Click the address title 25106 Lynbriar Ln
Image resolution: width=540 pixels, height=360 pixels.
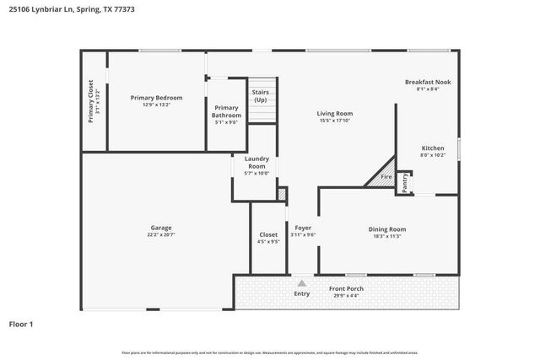coord(72,9)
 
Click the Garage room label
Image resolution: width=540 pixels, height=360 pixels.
coord(160,228)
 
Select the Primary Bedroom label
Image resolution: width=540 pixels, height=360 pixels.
coord(156,98)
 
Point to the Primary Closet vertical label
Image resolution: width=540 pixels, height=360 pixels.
coord(91,100)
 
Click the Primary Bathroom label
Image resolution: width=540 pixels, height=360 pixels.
coord(226,111)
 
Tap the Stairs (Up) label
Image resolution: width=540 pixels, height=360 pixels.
coord(261,95)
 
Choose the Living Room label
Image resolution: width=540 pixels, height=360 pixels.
coord(334,113)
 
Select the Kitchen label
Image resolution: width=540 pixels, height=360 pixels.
coord(432,148)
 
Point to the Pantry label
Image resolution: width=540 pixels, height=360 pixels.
coord(404,182)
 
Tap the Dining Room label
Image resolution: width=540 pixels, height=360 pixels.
coord(387,228)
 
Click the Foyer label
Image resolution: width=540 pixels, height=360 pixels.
coord(303,228)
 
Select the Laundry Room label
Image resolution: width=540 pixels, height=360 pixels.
coord(256,163)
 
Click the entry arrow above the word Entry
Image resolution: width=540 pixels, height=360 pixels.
coord(302,282)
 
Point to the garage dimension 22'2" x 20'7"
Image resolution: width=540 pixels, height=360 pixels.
coord(160,234)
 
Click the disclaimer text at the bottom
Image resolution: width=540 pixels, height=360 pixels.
coord(269,352)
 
